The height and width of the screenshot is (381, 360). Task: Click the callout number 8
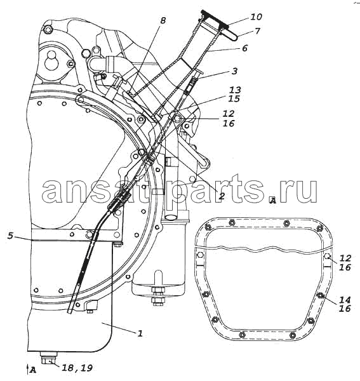(x=163, y=20)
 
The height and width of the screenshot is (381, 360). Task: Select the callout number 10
(x=256, y=17)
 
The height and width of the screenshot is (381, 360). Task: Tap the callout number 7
(x=257, y=31)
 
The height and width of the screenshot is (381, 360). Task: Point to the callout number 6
(x=244, y=48)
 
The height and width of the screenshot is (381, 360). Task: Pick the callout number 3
(x=234, y=71)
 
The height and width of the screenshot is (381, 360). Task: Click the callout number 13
(x=235, y=90)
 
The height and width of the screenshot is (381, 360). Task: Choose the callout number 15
(x=234, y=98)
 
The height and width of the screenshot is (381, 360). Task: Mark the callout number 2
(x=222, y=196)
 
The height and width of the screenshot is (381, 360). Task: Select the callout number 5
(x=10, y=236)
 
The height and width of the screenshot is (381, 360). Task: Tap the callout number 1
(x=140, y=333)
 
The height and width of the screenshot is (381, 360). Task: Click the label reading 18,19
(x=77, y=368)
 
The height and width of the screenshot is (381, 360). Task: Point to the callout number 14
(x=345, y=300)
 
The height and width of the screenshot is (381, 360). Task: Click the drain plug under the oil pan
(x=49, y=359)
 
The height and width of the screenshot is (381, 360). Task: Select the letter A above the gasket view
(x=273, y=200)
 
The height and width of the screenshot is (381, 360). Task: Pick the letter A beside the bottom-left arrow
(x=33, y=370)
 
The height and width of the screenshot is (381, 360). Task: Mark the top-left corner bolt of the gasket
(x=208, y=227)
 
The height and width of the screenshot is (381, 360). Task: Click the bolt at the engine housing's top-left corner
(x=48, y=30)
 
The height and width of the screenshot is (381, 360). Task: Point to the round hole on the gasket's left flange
(x=201, y=255)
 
